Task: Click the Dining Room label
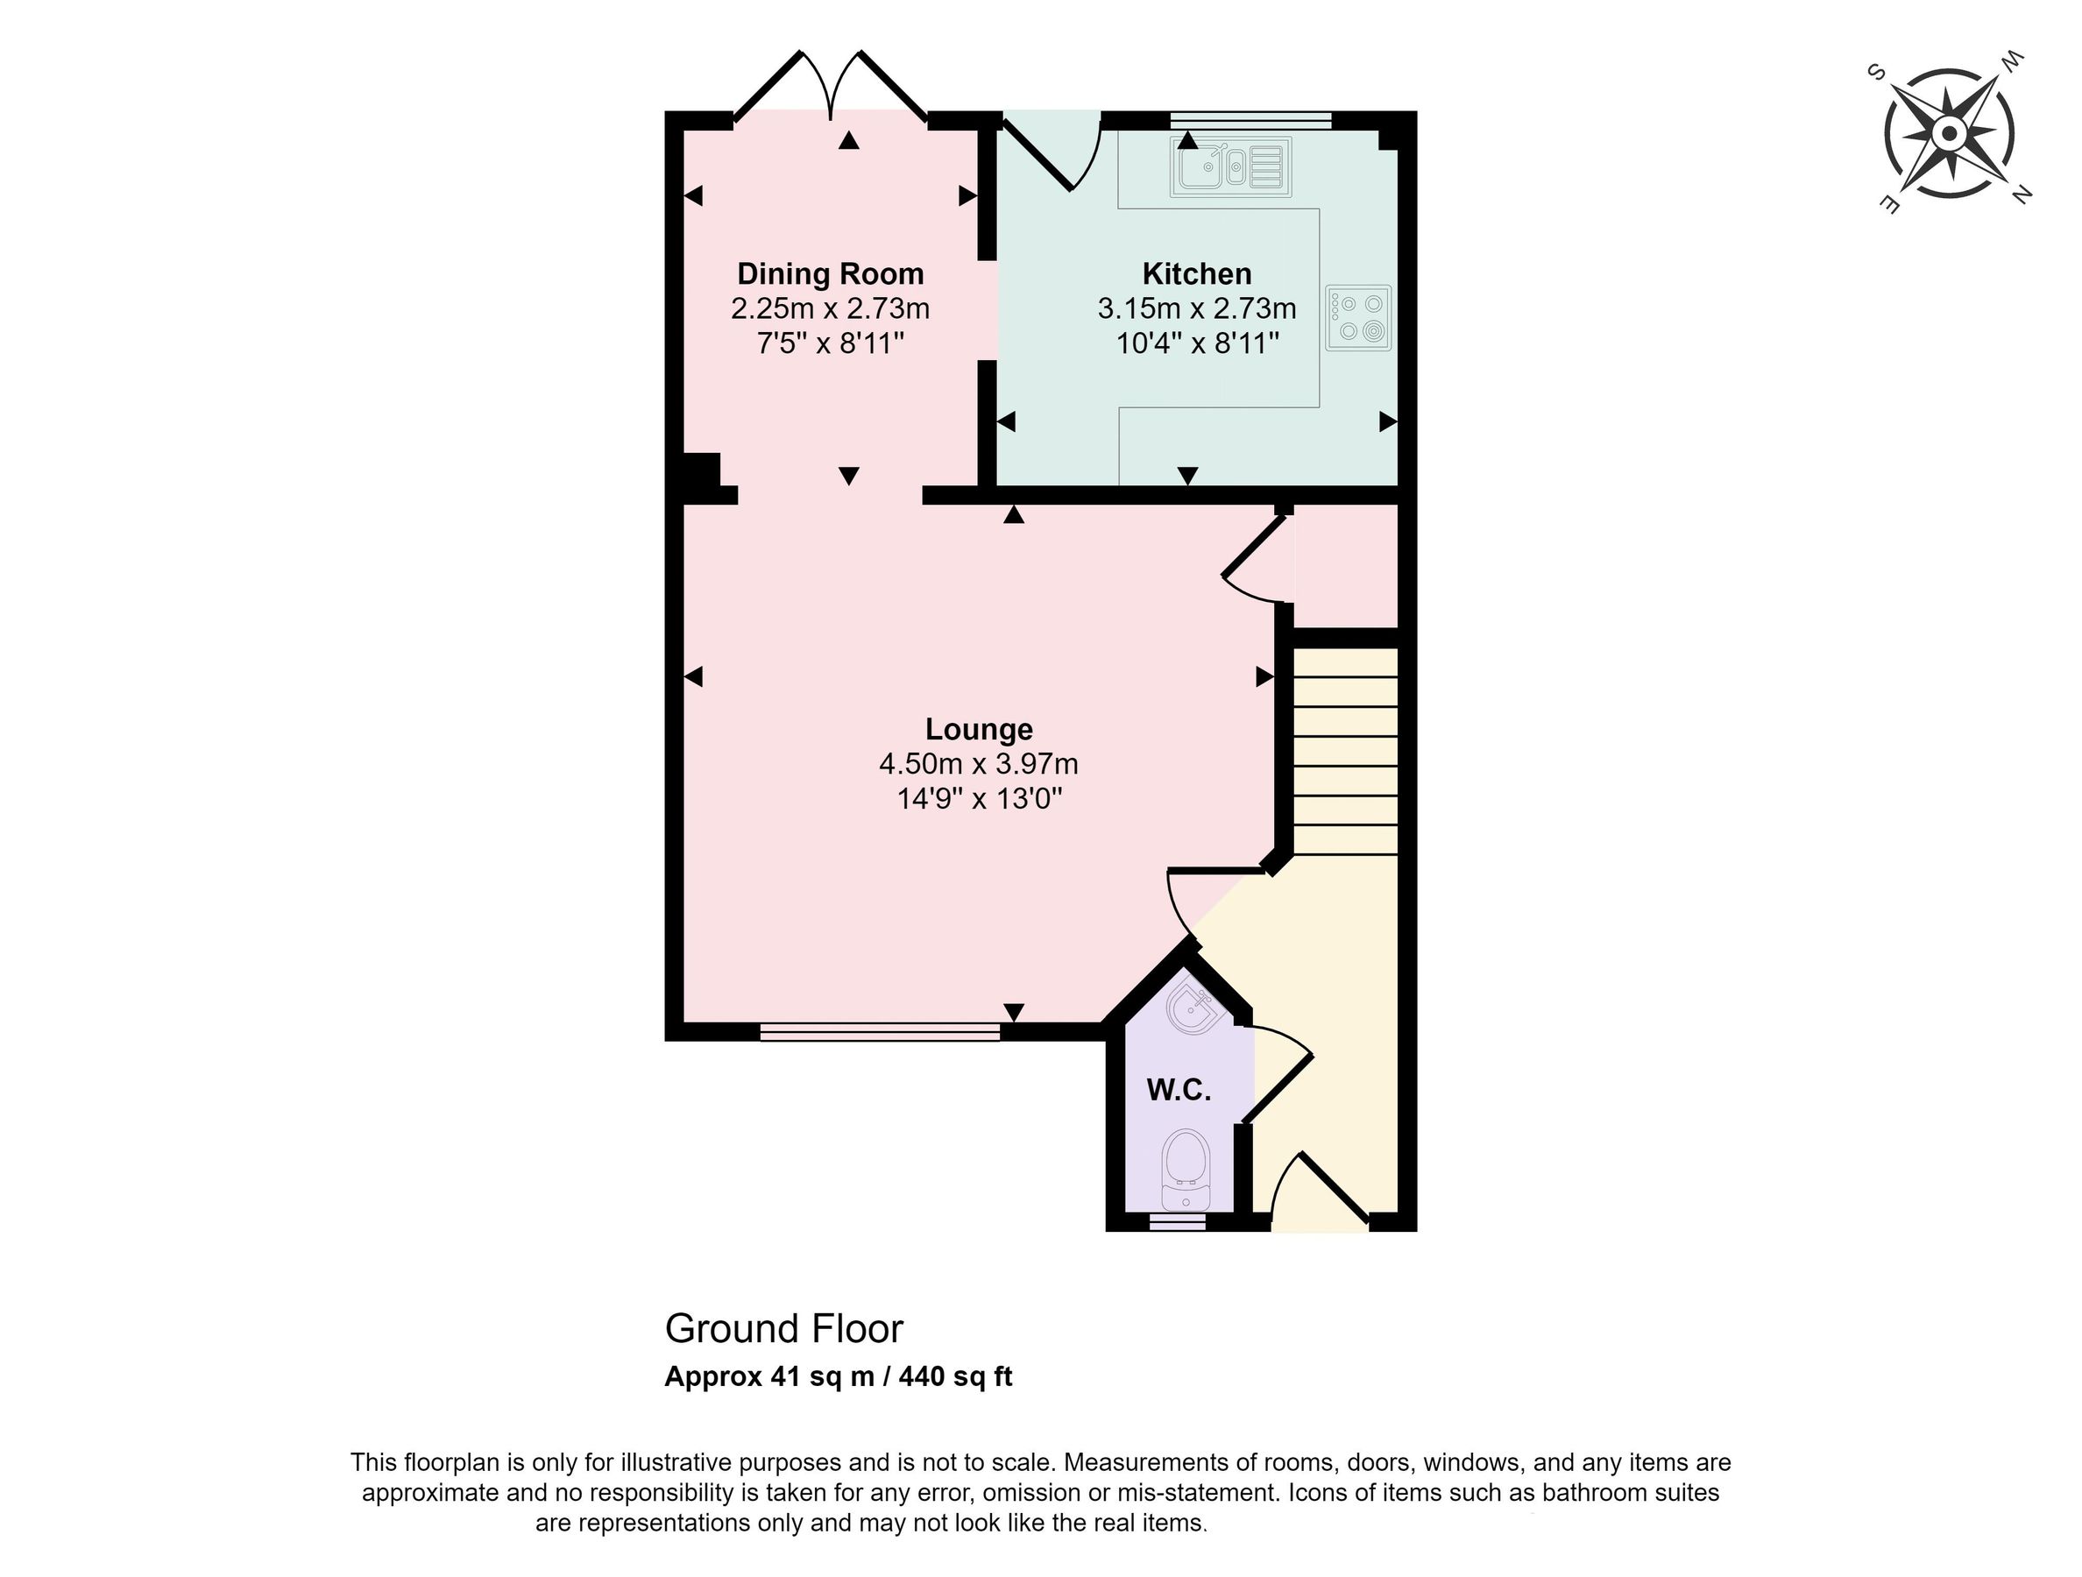pyautogui.click(x=829, y=274)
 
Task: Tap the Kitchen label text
pyautogui.click(x=1196, y=274)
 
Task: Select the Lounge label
pyautogui.click(x=978, y=729)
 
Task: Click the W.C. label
pyautogui.click(x=1179, y=1090)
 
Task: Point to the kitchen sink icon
pyautogui.click(x=1230, y=167)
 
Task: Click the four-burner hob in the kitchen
pyautogui.click(x=1358, y=318)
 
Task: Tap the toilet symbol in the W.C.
pyautogui.click(x=1185, y=1170)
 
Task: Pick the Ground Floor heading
pyautogui.click(x=783, y=1328)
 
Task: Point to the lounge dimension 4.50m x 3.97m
pyautogui.click(x=978, y=764)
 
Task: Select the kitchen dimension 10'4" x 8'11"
pyautogui.click(x=1196, y=343)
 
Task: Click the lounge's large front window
pyautogui.click(x=879, y=1033)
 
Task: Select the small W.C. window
pyautogui.click(x=1177, y=1221)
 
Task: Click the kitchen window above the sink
pyautogui.click(x=1251, y=119)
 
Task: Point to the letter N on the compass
pyautogui.click(x=2021, y=194)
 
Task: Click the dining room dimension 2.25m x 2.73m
pyautogui.click(x=829, y=308)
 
